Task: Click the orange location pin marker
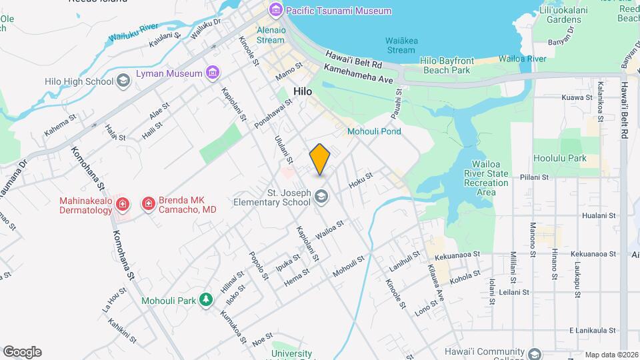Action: coord(320,159)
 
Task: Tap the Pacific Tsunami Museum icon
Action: coord(275,11)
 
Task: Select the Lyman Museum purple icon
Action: coord(213,73)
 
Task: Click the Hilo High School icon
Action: coord(123,81)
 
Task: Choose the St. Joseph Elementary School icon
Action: coord(322,196)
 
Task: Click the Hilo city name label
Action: coord(303,91)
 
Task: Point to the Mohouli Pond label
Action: coord(374,131)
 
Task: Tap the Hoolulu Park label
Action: coord(560,159)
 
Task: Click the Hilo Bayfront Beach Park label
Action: coord(447,65)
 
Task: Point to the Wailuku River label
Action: coord(133,33)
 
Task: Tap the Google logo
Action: coord(22,352)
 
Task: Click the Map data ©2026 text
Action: coord(611,355)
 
